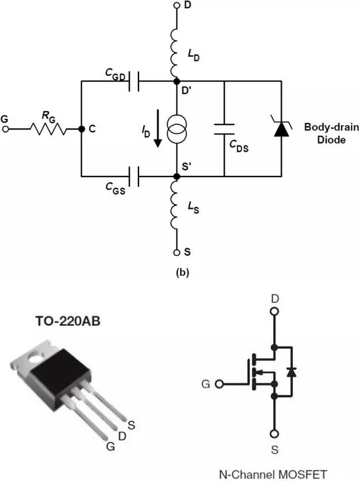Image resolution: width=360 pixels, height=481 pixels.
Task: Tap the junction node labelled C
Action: (81, 129)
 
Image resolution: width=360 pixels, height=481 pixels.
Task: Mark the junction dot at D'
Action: (177, 82)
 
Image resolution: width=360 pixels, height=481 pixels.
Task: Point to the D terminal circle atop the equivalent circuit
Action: (177, 6)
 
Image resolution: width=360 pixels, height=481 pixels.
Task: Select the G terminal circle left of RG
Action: (5, 130)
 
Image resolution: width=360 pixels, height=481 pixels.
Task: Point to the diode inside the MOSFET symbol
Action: (291, 372)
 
